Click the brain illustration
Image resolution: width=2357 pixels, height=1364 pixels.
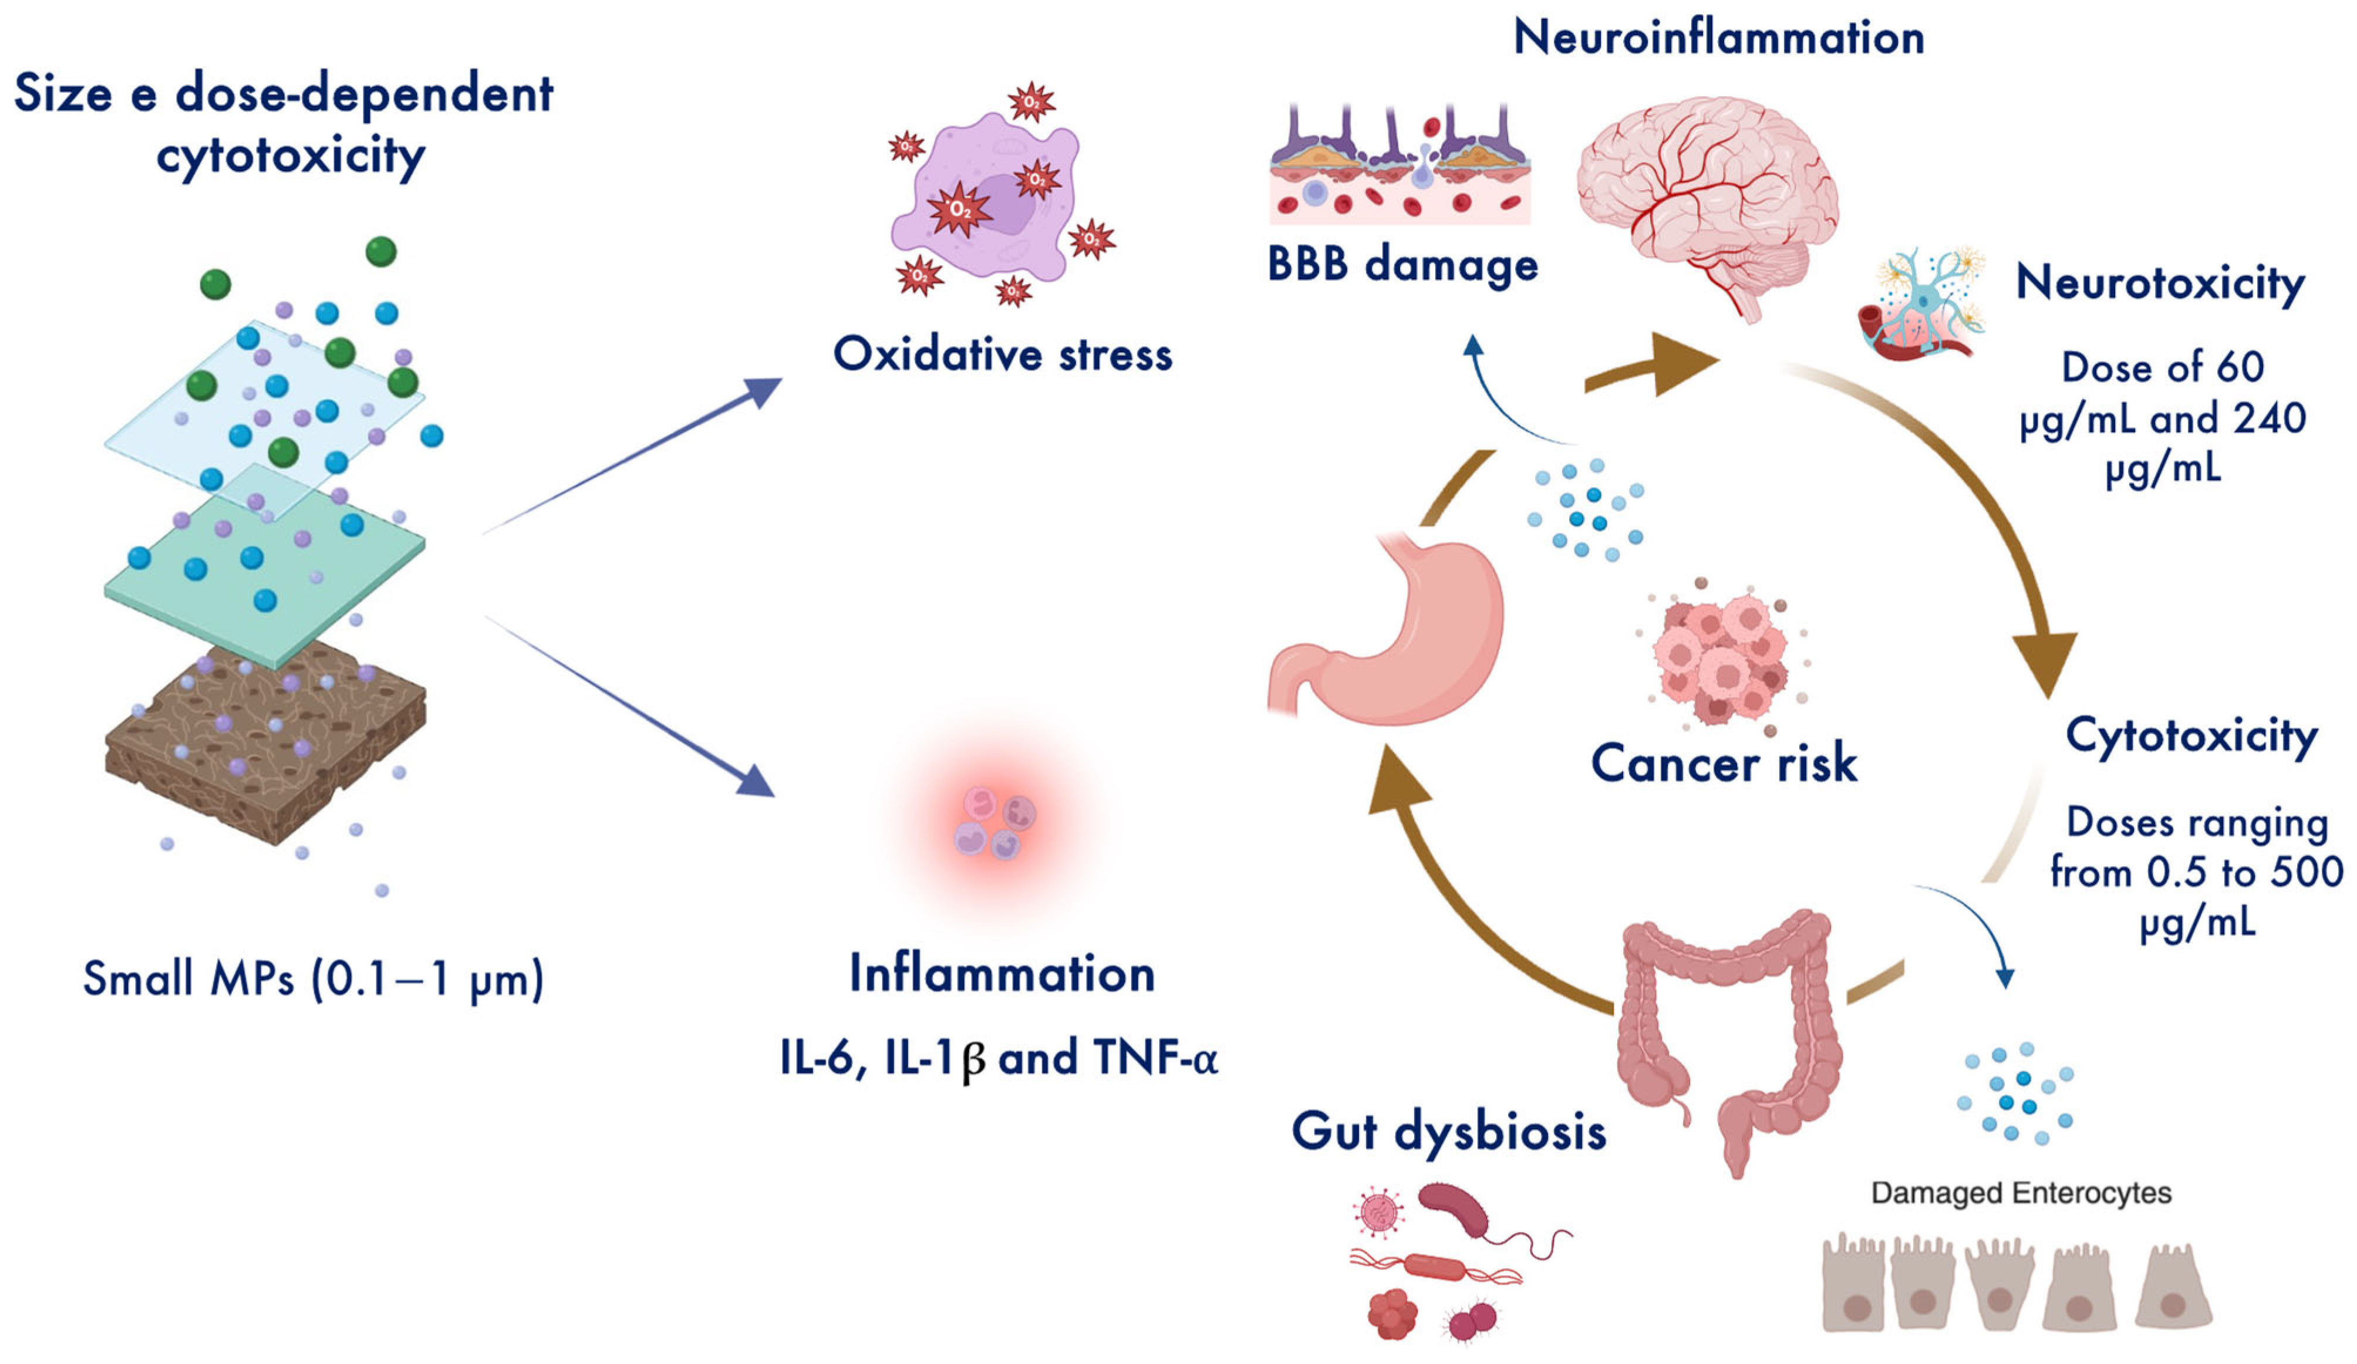[x=1707, y=201]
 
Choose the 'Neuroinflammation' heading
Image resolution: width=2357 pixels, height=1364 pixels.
[x=1718, y=38]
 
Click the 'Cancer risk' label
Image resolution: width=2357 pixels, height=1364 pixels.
[x=1724, y=763]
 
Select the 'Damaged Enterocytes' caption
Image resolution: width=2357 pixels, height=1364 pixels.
[x=2020, y=1193]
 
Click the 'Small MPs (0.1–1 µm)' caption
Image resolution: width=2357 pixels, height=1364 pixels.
[x=313, y=980]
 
